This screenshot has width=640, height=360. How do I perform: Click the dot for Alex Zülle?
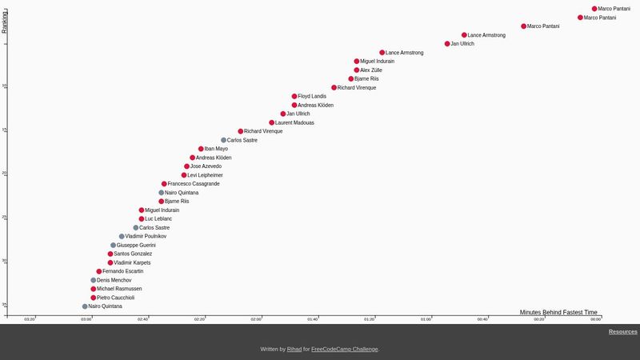pyautogui.click(x=357, y=70)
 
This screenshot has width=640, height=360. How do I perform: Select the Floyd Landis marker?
pyautogui.click(x=294, y=96)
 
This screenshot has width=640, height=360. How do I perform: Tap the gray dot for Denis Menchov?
pyautogui.click(x=94, y=280)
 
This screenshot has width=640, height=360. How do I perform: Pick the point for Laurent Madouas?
pyautogui.click(x=272, y=122)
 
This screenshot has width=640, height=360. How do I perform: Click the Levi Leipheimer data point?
pyautogui.click(x=184, y=175)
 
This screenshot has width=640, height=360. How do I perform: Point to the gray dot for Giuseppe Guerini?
pyautogui.click(x=114, y=246)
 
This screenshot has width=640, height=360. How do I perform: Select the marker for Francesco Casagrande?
pyautogui.click(x=164, y=184)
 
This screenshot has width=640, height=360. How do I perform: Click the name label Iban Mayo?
pyautogui.click(x=216, y=149)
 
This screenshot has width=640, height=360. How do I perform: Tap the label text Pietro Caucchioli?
pyautogui.click(x=115, y=298)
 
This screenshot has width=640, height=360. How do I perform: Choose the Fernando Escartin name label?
pyautogui.click(x=123, y=271)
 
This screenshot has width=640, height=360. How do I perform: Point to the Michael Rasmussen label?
pyautogui.click(x=119, y=289)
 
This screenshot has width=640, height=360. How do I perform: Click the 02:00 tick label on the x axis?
pyautogui.click(x=256, y=319)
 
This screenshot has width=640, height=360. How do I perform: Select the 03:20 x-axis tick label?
pyautogui.click(x=30, y=319)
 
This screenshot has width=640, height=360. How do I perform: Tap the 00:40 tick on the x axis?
pyautogui.click(x=482, y=319)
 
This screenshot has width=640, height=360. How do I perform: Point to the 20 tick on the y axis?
pyautogui.click(x=4, y=174)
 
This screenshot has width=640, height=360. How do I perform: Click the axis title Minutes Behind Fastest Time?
pyautogui.click(x=558, y=312)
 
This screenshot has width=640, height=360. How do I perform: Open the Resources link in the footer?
pyautogui.click(x=622, y=332)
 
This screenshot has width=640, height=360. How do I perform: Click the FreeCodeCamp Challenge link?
pyautogui.click(x=345, y=350)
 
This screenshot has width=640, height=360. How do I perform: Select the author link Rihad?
pyautogui.click(x=294, y=350)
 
